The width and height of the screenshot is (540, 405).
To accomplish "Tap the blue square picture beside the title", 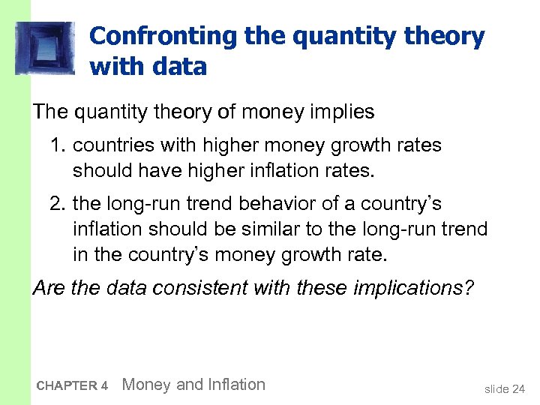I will (44, 48).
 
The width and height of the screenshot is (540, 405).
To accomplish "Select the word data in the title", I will (178, 67).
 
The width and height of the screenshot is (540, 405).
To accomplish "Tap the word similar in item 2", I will (284, 229).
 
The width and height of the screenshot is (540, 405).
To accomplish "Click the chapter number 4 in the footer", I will (105, 386).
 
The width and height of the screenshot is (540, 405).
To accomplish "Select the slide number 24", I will (518, 388).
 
